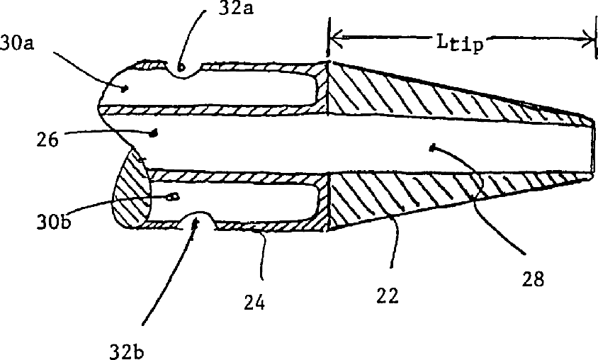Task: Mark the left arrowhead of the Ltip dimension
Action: pyautogui.click(x=336, y=38)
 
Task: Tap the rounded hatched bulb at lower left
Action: pyautogui.click(x=131, y=195)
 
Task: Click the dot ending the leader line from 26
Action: pyautogui.click(x=151, y=132)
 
